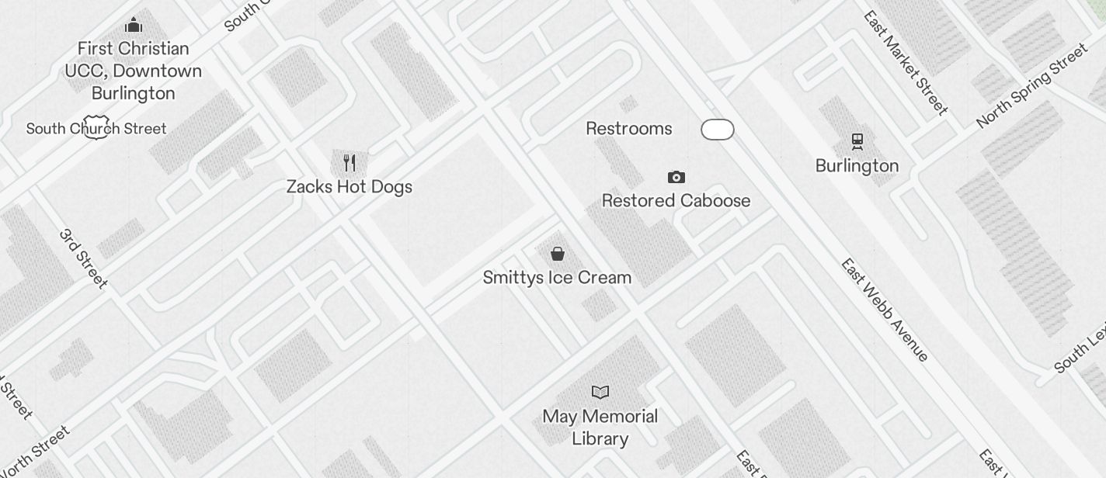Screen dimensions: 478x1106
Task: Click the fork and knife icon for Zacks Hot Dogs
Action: (350, 163)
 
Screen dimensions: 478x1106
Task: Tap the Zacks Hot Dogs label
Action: (350, 187)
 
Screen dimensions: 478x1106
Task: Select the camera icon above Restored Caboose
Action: (676, 178)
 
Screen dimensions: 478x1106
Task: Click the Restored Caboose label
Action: (676, 201)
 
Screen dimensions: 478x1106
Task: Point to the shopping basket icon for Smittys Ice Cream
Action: (558, 254)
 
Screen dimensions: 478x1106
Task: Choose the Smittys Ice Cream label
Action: (557, 278)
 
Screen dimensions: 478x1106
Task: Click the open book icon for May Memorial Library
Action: (600, 392)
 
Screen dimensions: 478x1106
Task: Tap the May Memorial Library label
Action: (600, 428)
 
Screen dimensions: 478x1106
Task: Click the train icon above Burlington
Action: (857, 141)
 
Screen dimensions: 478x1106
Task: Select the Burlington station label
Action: (857, 166)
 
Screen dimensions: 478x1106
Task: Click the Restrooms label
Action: (629, 129)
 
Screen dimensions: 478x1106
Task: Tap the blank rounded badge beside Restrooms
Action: (718, 130)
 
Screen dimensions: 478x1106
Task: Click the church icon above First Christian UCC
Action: (134, 25)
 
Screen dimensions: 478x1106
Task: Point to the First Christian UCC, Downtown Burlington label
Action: (134, 71)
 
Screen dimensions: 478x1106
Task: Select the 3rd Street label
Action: (84, 258)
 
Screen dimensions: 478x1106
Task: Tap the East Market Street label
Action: (906, 62)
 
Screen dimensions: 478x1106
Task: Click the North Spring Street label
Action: (1032, 85)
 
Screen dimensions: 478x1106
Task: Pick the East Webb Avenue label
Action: (885, 310)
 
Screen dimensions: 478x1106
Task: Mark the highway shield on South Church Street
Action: (96, 129)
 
